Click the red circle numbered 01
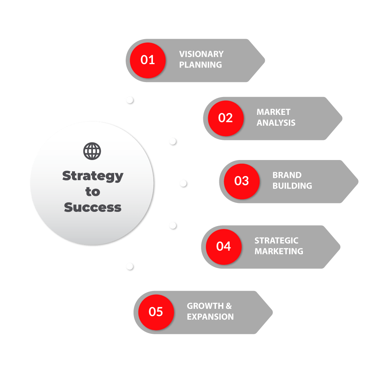148,60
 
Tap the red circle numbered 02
225,118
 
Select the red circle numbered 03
241,181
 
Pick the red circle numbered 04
223,247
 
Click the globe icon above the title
92,151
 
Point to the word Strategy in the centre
93,176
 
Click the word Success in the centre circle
93,207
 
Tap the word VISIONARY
201,54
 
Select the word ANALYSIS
276,123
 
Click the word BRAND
287,175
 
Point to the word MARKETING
279,251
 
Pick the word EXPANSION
210,317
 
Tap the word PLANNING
201,65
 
